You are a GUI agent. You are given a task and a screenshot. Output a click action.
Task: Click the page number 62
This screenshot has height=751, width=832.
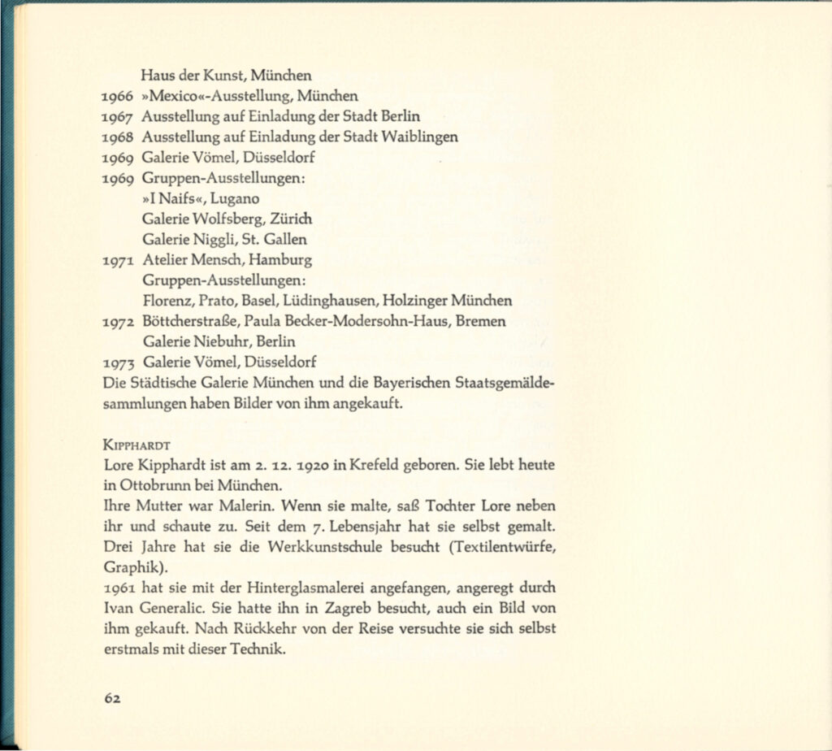113,698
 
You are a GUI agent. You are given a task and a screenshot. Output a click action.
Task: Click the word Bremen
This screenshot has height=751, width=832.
481,321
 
